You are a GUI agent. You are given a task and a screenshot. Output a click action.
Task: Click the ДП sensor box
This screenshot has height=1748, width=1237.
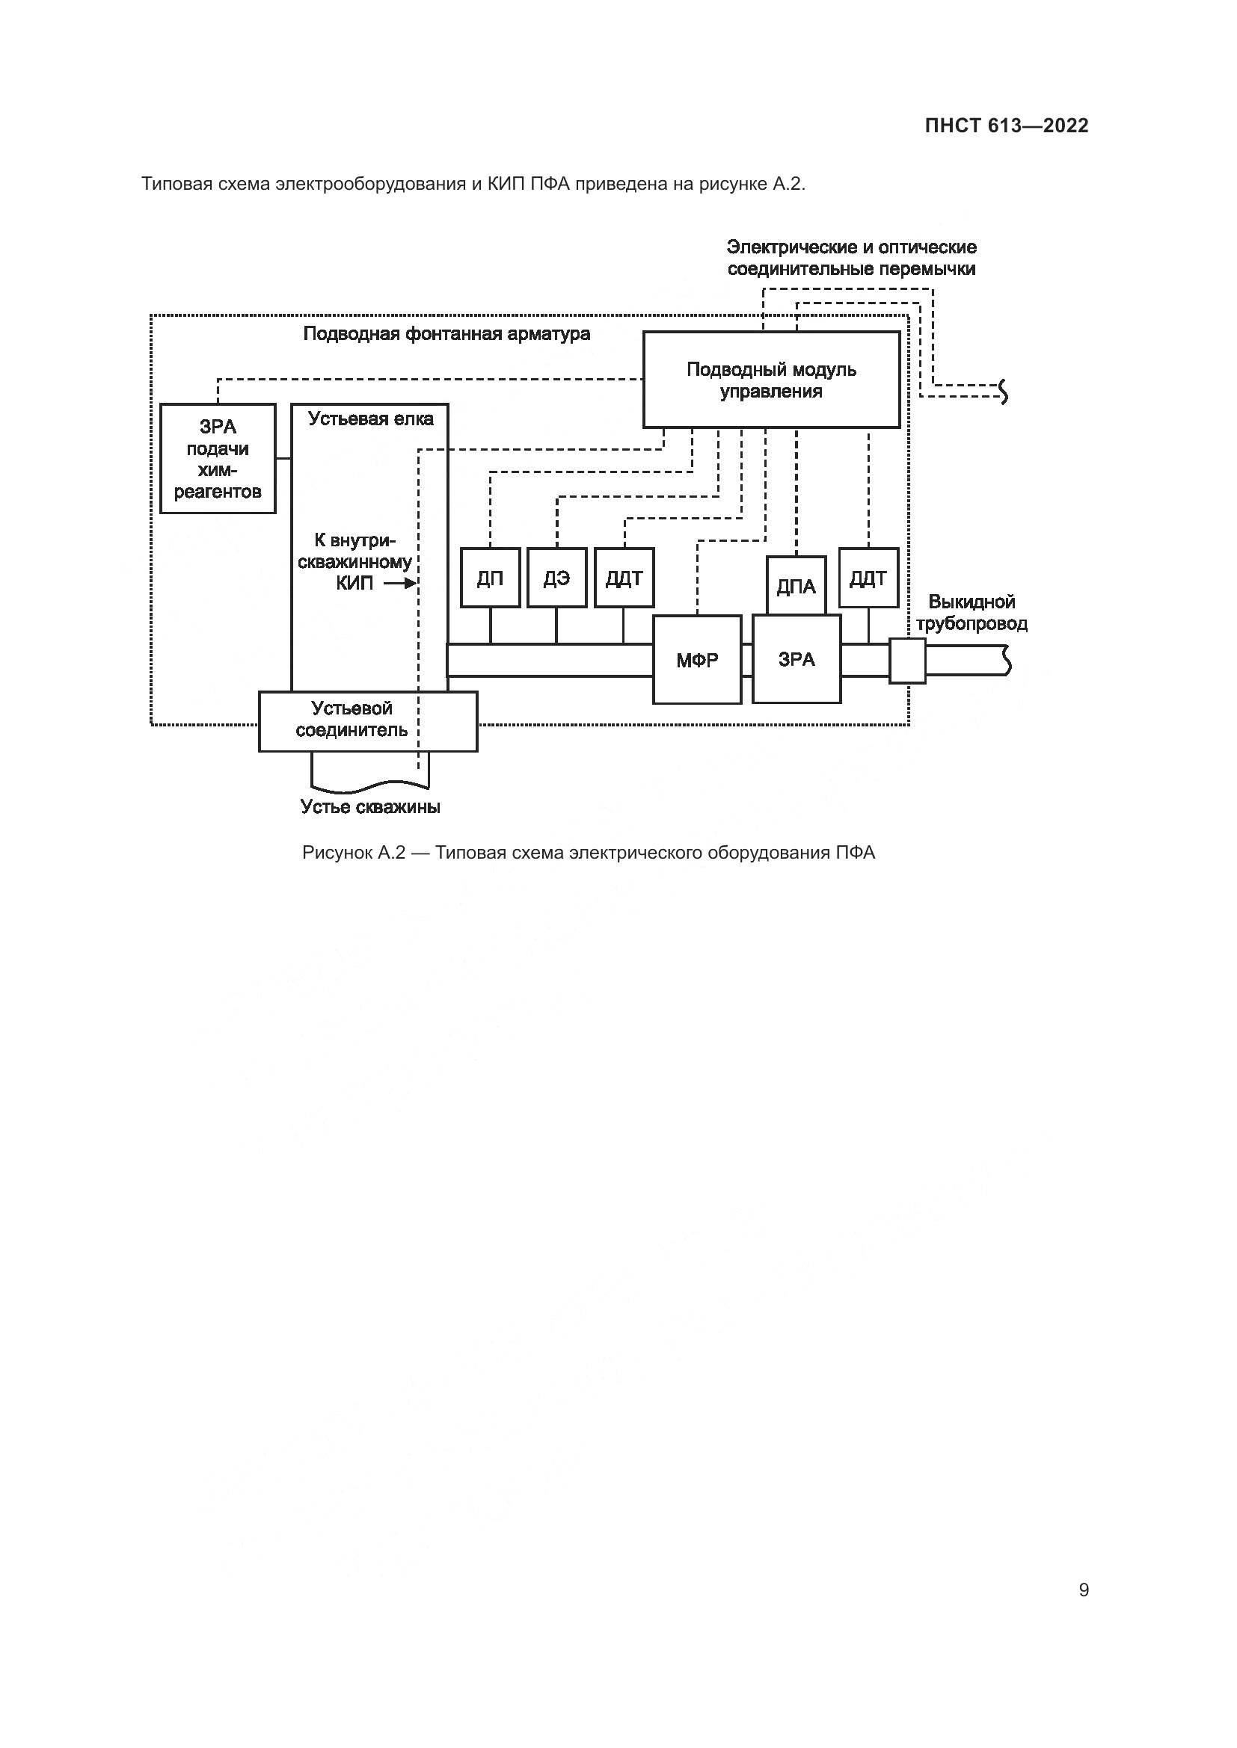tap(490, 578)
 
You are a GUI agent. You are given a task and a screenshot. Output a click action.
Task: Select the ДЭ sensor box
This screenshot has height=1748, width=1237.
tap(557, 578)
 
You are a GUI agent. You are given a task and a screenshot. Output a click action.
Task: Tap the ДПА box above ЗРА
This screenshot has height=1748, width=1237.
tap(796, 585)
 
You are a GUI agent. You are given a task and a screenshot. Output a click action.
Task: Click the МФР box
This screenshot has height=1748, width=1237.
tap(697, 659)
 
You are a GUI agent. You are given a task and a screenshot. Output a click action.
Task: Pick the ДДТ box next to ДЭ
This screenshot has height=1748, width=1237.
tap(624, 578)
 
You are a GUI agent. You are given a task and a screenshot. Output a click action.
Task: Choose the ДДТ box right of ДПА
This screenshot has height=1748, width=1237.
tap(868, 578)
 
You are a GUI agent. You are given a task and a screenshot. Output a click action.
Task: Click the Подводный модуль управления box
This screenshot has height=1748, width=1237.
tap(771, 380)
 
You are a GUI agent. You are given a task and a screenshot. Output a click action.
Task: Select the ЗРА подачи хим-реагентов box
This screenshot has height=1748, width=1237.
tap(218, 458)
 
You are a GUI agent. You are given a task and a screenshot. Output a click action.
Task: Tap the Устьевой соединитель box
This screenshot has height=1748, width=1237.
tap(368, 720)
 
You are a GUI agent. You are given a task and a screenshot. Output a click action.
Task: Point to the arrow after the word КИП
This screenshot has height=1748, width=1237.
tap(400, 584)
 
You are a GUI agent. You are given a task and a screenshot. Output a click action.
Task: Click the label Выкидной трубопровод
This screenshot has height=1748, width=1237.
tap(972, 613)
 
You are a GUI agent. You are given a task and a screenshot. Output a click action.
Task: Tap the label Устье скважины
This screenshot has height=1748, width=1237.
tap(370, 807)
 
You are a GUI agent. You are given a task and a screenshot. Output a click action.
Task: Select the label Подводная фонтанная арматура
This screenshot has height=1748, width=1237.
tap(446, 333)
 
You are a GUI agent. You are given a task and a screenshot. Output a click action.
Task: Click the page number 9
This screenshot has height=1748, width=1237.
tap(1083, 1590)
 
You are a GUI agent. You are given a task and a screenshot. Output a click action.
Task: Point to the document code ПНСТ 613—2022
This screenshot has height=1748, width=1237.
tap(1006, 126)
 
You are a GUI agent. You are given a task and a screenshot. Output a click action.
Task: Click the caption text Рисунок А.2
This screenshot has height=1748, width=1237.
tap(353, 853)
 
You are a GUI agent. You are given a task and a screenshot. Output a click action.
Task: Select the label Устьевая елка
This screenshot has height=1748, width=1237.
tap(370, 419)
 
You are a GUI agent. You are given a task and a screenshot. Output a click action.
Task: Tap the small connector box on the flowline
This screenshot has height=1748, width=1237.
tap(907, 660)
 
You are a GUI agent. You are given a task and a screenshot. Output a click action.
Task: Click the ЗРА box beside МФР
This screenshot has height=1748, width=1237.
tap(796, 659)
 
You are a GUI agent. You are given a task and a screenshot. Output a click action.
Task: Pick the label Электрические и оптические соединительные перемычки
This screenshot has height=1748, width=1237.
tap(851, 257)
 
